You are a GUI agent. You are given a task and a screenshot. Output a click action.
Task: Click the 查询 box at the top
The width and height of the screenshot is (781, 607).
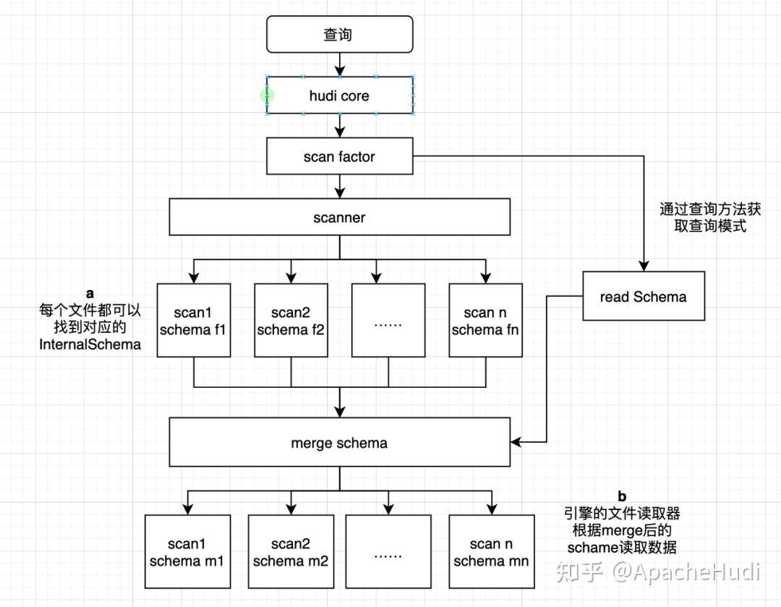pos(339,35)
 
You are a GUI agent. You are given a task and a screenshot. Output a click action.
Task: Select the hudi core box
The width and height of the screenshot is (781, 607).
pos(339,95)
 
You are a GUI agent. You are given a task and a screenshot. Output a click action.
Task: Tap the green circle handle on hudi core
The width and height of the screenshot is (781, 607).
pos(268,95)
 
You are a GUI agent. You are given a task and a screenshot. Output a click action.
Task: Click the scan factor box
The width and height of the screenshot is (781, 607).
pos(339,156)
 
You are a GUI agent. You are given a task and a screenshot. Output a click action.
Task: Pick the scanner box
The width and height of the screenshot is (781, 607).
pos(339,217)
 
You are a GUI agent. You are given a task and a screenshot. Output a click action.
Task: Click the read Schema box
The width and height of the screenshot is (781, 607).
pos(643,296)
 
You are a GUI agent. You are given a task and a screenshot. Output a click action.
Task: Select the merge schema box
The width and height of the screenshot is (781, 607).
pos(339,443)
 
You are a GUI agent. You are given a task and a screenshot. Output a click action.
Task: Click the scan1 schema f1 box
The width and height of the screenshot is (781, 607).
pos(193,321)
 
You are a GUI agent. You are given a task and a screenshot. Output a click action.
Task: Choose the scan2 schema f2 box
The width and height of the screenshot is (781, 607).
pos(291,321)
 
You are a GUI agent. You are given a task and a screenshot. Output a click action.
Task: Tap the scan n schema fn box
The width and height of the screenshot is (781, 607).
pos(485,321)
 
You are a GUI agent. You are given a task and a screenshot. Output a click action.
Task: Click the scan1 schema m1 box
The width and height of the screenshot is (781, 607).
pos(187,551)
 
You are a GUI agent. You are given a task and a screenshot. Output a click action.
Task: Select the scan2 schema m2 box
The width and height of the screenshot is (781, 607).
pos(291,551)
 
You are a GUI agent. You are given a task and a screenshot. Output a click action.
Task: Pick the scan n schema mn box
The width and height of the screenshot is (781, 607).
pos(491,551)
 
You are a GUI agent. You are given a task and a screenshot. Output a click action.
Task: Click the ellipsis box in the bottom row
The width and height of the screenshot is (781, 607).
pos(388,551)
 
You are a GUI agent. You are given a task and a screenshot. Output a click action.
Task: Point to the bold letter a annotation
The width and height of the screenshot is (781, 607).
pos(90,294)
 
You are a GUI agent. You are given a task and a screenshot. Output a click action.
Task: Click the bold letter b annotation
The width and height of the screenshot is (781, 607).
pos(622,496)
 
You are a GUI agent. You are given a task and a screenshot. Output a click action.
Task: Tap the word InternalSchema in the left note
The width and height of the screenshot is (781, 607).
pos(90,344)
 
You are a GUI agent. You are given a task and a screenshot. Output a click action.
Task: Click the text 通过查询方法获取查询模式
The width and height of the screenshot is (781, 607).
pos(709,217)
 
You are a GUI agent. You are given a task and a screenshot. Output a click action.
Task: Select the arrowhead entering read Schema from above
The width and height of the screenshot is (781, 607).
pos(643,266)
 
